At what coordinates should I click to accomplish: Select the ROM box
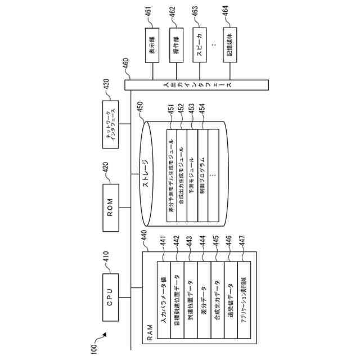110,206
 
